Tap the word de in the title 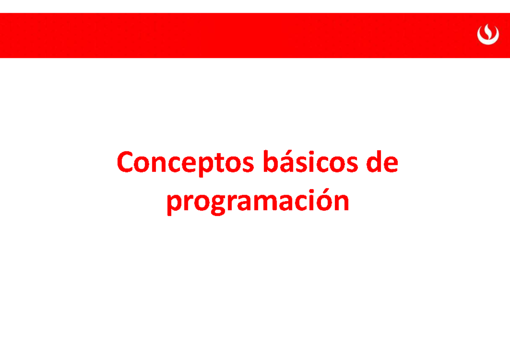pyautogui.click(x=382, y=164)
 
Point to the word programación pyautogui.click(x=258, y=201)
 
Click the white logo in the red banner pyautogui.click(x=487, y=34)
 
